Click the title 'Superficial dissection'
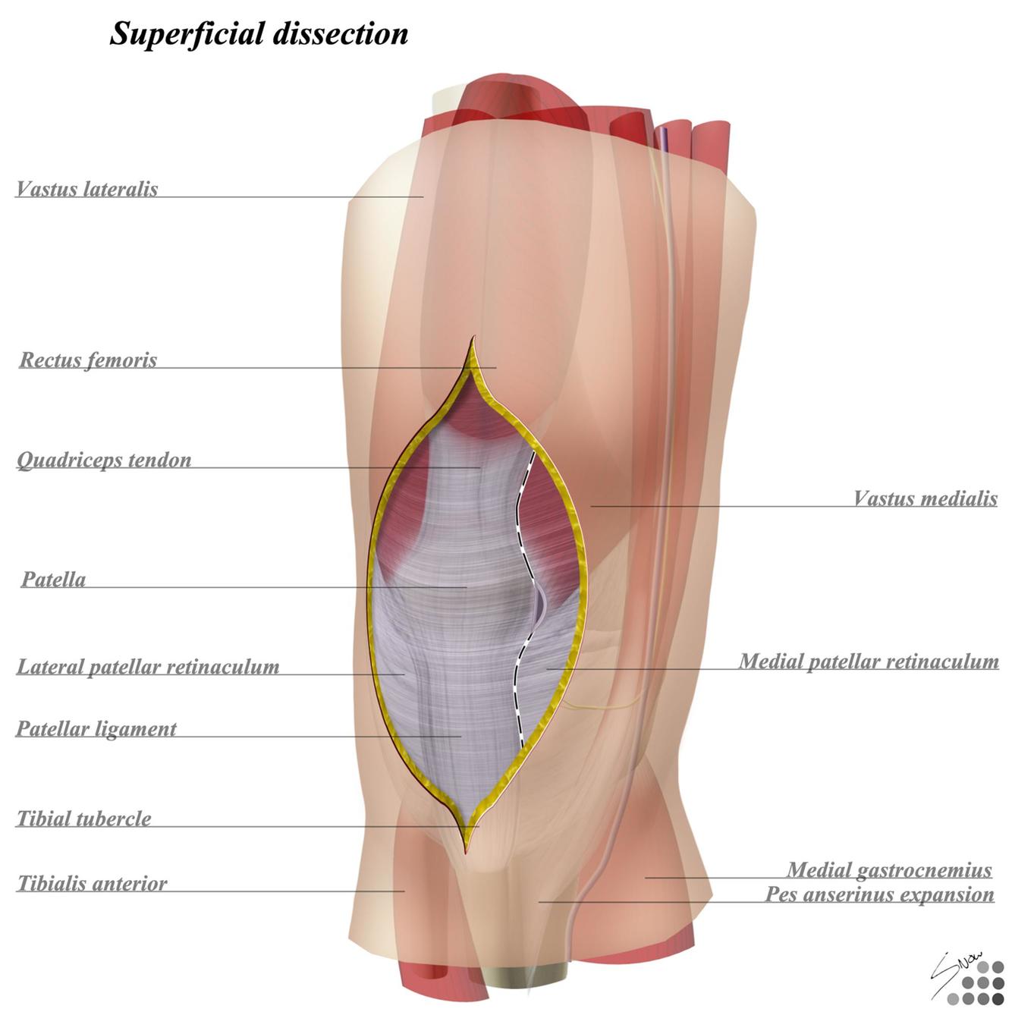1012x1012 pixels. point(259,33)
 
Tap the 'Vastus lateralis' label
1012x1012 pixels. point(87,189)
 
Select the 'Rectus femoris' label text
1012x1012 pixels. point(88,360)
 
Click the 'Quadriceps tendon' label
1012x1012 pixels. point(104,460)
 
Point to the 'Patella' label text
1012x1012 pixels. point(53,580)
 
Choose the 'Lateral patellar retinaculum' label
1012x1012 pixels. point(148,667)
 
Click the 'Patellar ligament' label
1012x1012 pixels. point(96,729)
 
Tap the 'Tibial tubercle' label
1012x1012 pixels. point(84,819)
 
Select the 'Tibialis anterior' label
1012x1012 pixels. point(93,884)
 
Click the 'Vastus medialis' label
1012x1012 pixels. point(925,498)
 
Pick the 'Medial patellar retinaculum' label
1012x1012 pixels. point(869,662)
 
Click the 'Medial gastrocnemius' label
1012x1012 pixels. point(889,869)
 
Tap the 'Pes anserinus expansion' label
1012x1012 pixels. point(879,894)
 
